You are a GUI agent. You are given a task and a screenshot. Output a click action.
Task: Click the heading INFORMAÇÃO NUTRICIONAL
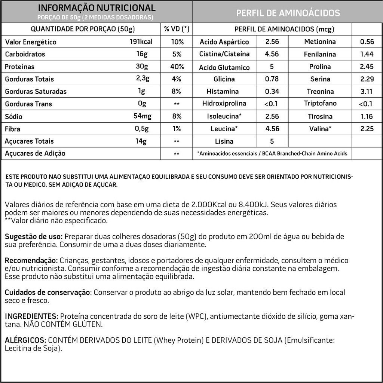pyautogui.click(x=97, y=8)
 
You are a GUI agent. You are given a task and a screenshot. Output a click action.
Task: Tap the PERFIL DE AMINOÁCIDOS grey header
pyautogui.click(x=288, y=13)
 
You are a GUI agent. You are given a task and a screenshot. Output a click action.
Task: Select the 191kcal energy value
pyautogui.click(x=141, y=42)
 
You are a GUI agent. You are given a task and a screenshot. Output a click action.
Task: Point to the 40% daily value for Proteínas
pyautogui.click(x=177, y=67)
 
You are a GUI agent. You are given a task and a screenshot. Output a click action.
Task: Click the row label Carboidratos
pyautogui.click(x=25, y=54)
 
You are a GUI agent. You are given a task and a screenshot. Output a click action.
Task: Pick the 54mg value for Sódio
pyautogui.click(x=143, y=116)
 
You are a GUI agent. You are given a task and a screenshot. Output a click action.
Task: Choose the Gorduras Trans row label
pyautogui.click(x=28, y=104)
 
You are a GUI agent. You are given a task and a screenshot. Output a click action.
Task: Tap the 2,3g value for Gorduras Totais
pyautogui.click(x=143, y=79)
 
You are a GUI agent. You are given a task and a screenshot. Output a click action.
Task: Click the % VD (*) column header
pyautogui.click(x=177, y=29)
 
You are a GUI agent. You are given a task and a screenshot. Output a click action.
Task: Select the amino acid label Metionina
pyautogui.click(x=320, y=42)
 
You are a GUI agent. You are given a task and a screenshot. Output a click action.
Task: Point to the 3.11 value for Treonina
pyautogui.click(x=367, y=92)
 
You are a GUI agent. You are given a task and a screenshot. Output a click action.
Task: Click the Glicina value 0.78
pyautogui.click(x=272, y=79)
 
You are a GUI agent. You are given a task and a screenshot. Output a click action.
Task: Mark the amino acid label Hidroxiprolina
pyautogui.click(x=224, y=104)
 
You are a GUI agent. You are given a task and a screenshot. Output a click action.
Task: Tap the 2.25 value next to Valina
pyautogui.click(x=367, y=129)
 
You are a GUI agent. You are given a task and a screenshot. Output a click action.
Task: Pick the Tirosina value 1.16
pyautogui.click(x=367, y=116)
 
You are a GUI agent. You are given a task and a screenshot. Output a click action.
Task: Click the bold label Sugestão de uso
pyautogui.click(x=34, y=237)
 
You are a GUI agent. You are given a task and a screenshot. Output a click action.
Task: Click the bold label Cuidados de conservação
pyautogui.click(x=48, y=292)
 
